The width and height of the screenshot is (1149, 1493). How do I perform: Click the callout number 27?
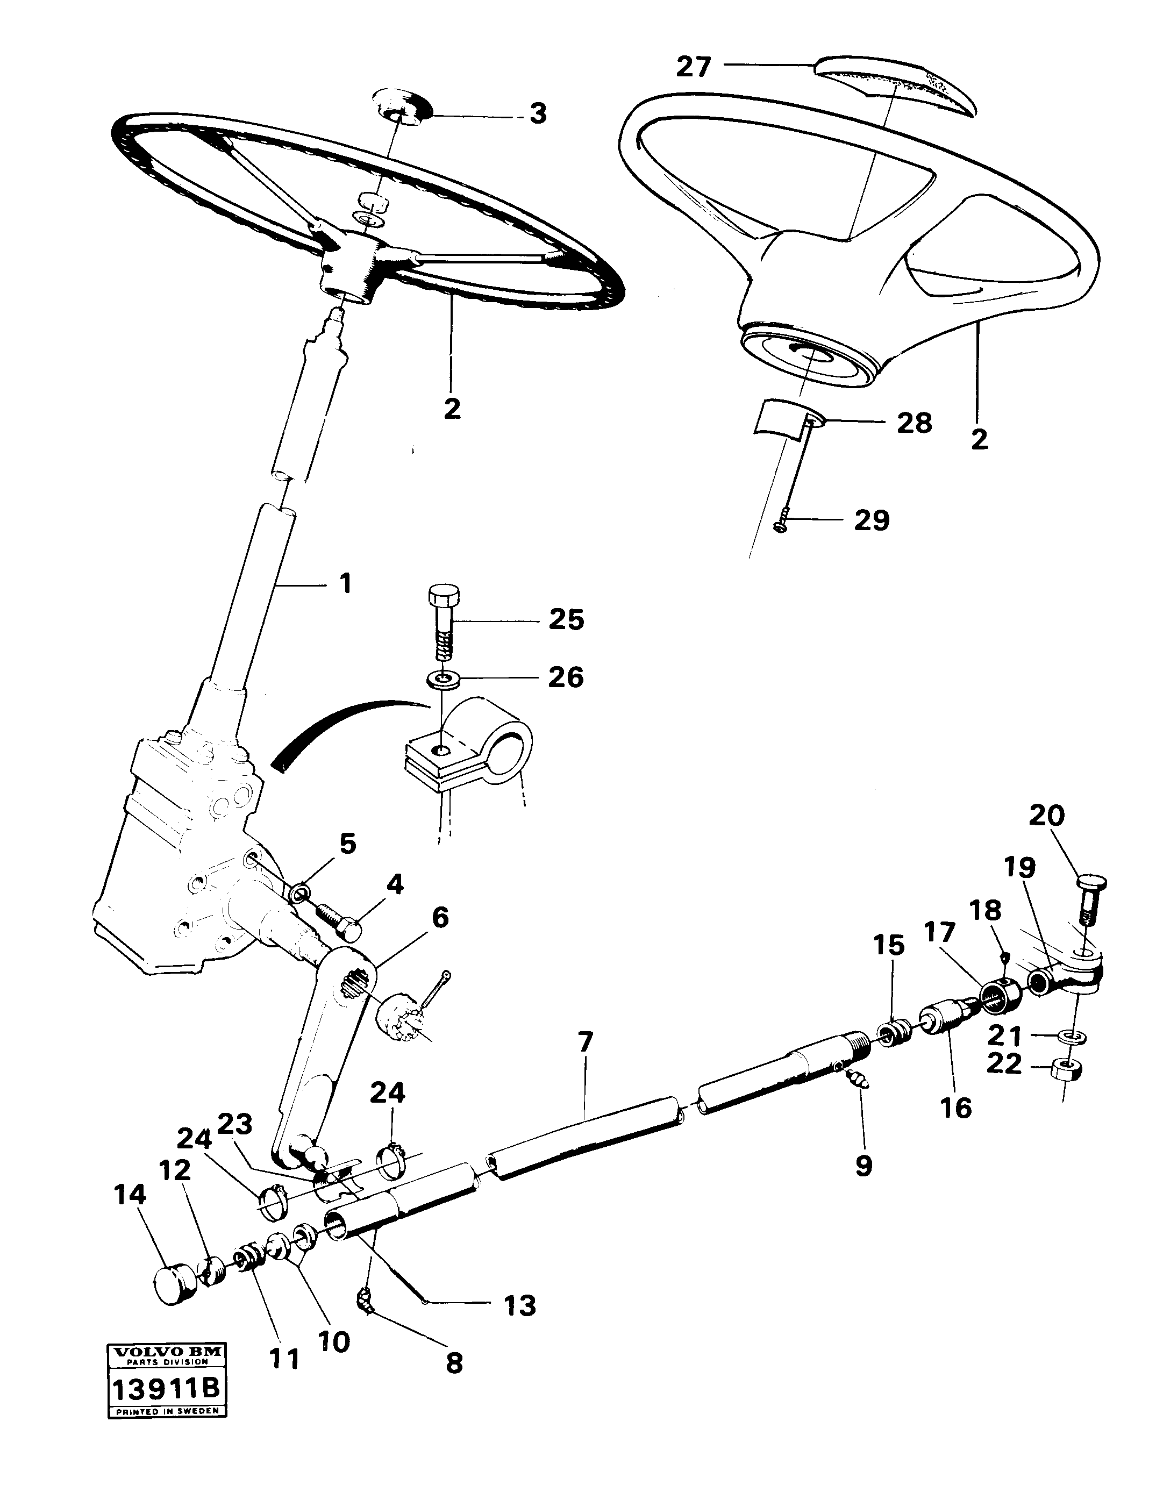tap(693, 67)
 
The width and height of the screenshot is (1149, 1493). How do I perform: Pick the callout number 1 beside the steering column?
tap(346, 584)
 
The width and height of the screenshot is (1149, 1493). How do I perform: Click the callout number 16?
tap(955, 1108)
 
